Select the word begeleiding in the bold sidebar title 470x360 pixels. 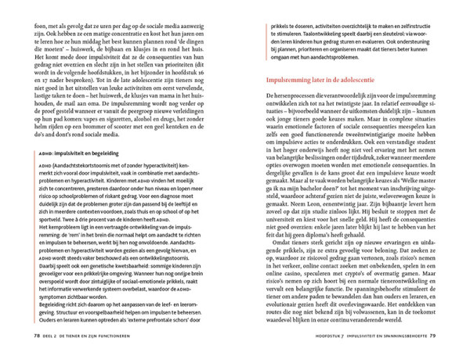coord(96,175)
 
